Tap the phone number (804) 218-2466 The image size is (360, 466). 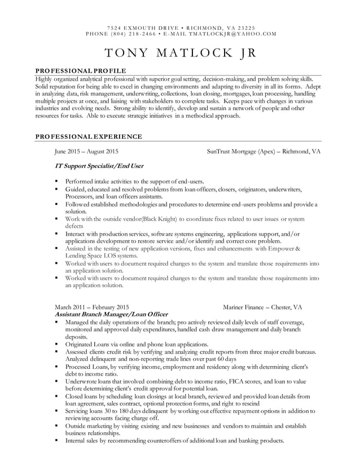(x=126, y=33)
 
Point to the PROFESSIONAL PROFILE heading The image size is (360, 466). (x=81, y=69)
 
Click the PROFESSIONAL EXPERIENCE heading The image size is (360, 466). (x=89, y=137)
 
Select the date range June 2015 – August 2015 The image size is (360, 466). (x=86, y=152)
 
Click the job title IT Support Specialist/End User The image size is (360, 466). (x=99, y=166)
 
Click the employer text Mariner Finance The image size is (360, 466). (x=245, y=307)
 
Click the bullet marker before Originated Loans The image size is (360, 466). (x=57, y=344)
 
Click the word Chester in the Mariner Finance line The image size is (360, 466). (x=282, y=307)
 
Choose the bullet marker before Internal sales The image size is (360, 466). (x=57, y=441)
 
